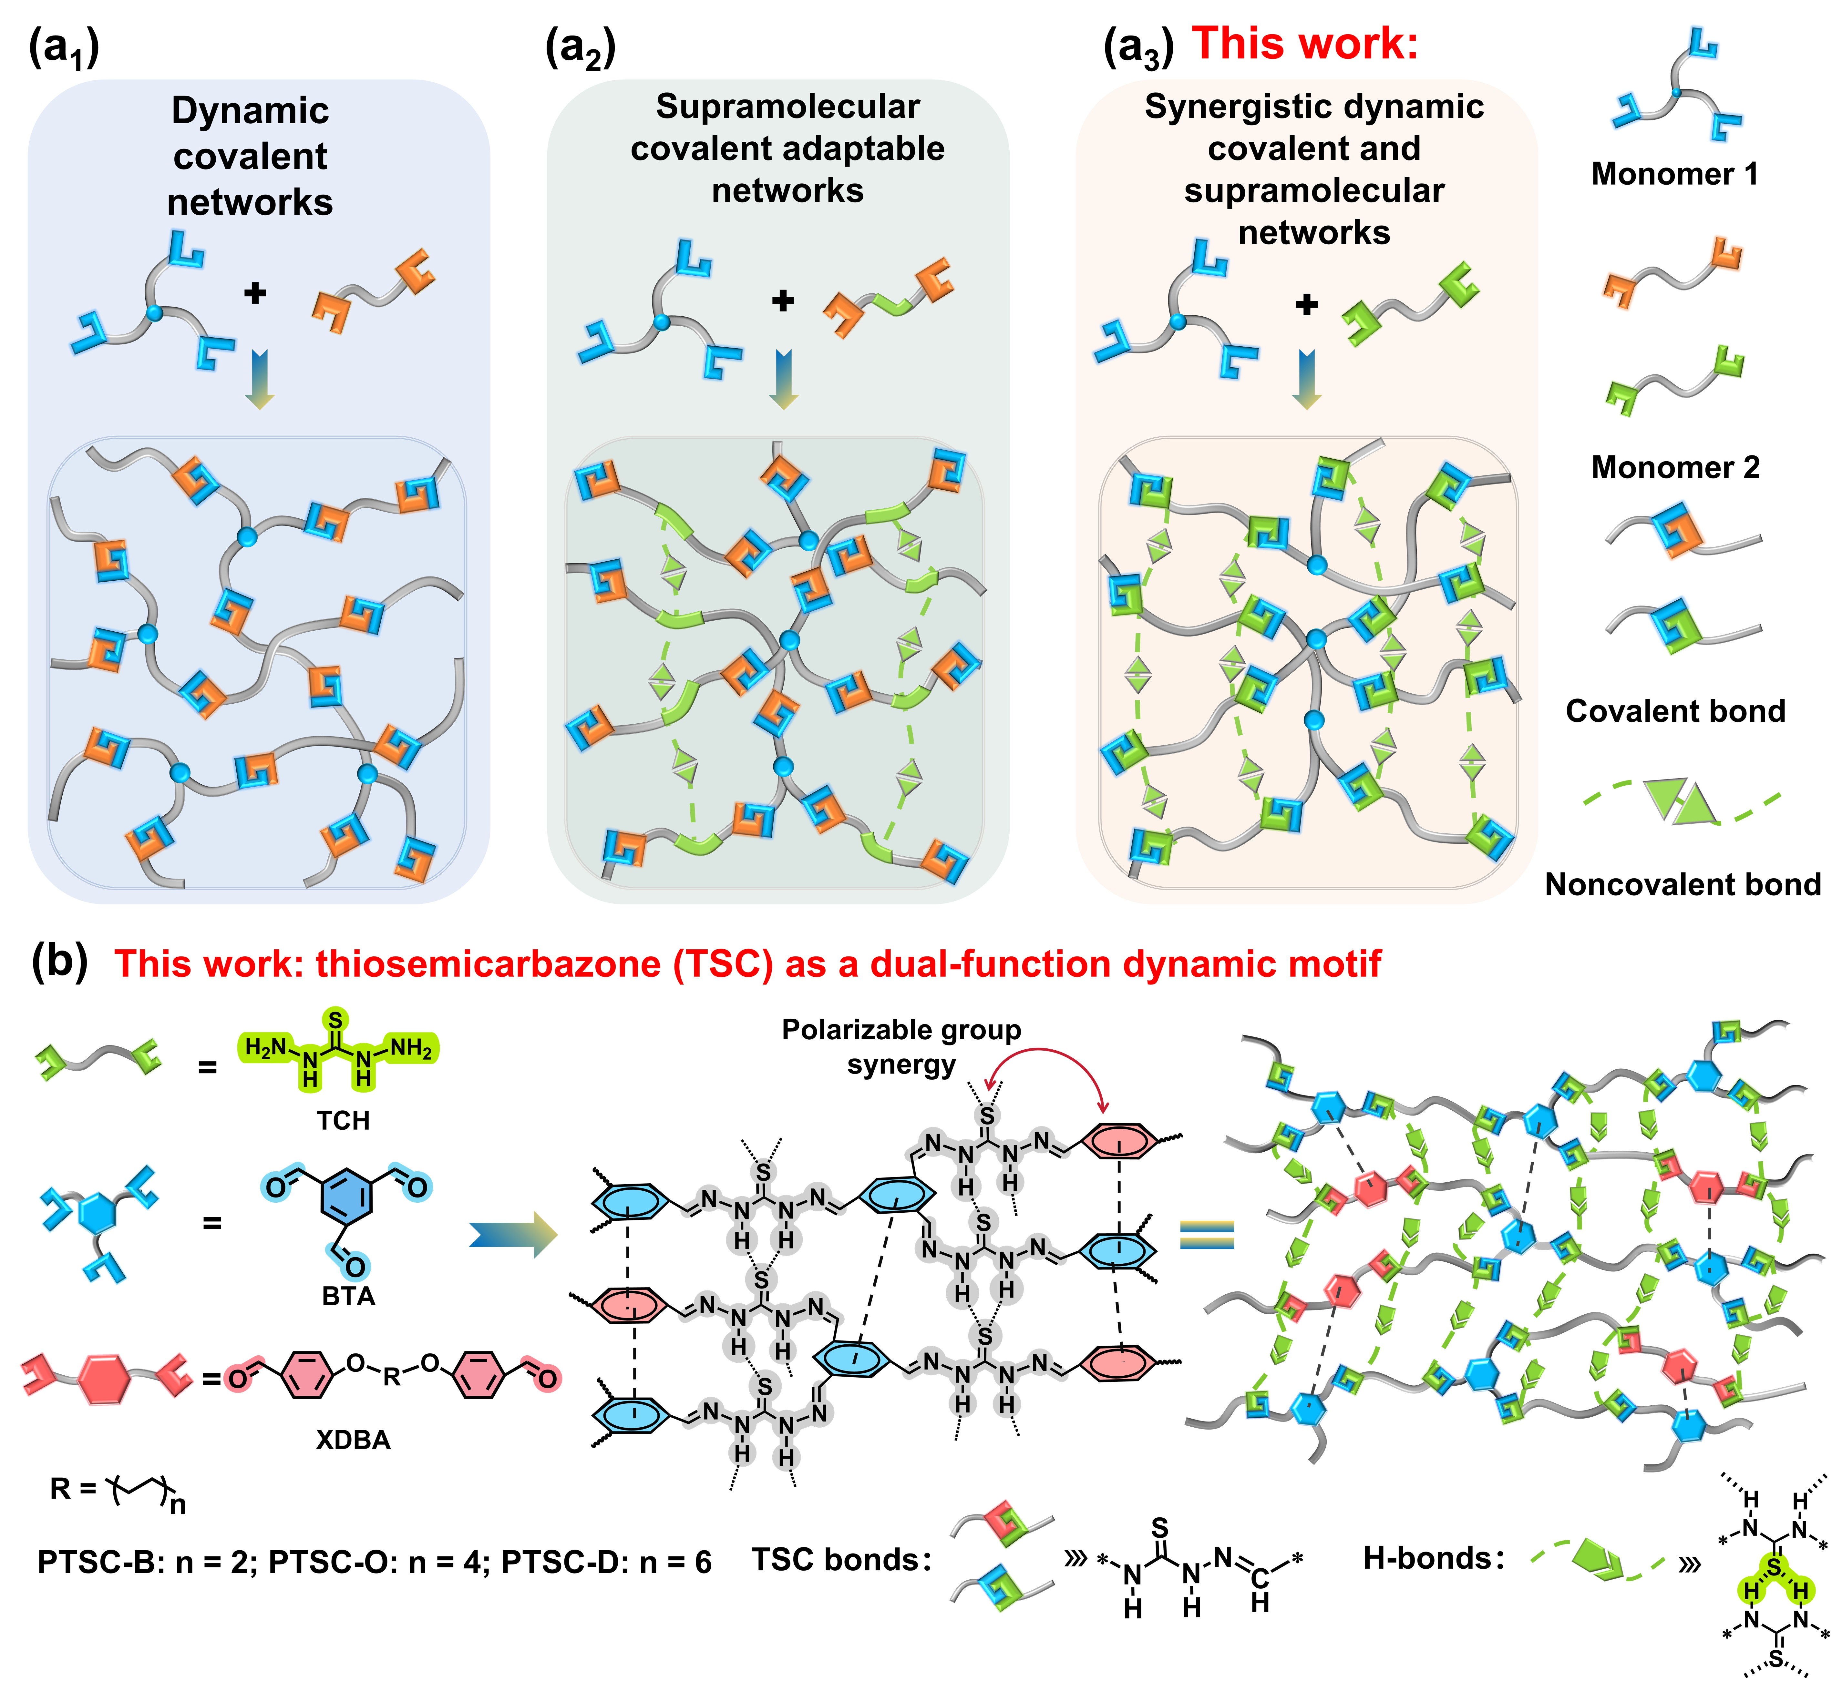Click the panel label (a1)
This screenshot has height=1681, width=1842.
pyautogui.click(x=64, y=47)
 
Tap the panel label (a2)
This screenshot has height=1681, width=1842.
pyautogui.click(x=580, y=47)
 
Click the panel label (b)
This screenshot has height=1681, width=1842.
pyautogui.click(x=59, y=962)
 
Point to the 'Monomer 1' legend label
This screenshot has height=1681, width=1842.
pyautogui.click(x=1674, y=174)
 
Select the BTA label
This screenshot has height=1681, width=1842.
pyautogui.click(x=348, y=1296)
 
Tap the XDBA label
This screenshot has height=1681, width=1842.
pyautogui.click(x=353, y=1440)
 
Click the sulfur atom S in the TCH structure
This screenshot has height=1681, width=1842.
pyautogui.click(x=336, y=1019)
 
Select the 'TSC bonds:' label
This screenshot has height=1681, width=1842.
pyautogui.click(x=840, y=1560)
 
